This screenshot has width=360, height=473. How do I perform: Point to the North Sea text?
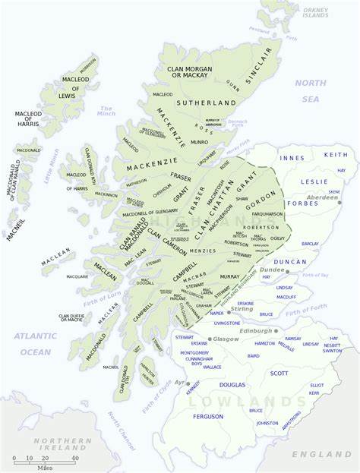pyautogui.click(x=310, y=90)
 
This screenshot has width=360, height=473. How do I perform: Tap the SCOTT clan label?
pyautogui.click(x=279, y=373)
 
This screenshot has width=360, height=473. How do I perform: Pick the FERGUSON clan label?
pyautogui.click(x=208, y=416)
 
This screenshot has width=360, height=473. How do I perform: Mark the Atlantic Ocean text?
pyautogui.click(x=35, y=343)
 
